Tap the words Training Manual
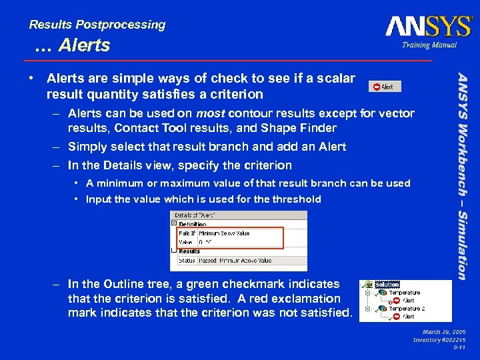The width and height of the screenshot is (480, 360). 429,45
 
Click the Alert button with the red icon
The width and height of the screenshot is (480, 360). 383,87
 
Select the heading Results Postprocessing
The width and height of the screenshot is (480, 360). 97,25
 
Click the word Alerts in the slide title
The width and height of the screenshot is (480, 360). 84,45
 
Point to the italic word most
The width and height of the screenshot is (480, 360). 209,113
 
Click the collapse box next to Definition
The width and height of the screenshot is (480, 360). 174,225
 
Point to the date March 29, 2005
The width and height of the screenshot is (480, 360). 444,331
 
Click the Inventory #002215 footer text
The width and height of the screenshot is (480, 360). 439,339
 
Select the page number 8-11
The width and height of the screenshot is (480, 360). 459,347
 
